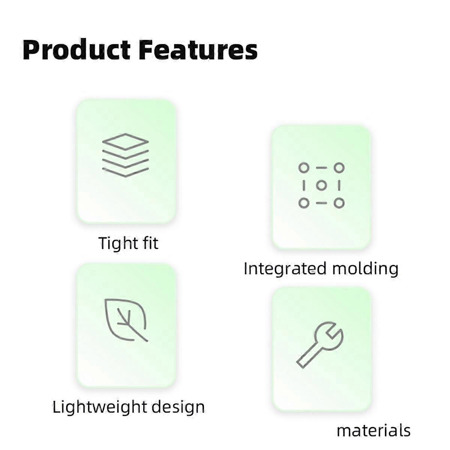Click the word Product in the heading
pos(76,50)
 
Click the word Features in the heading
pos(198,50)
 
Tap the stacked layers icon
pos(125,155)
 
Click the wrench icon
pos(320,345)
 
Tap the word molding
pos(365,268)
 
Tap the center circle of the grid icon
pos(321,186)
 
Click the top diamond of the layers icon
pos(125,141)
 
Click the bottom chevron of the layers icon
pos(125,173)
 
